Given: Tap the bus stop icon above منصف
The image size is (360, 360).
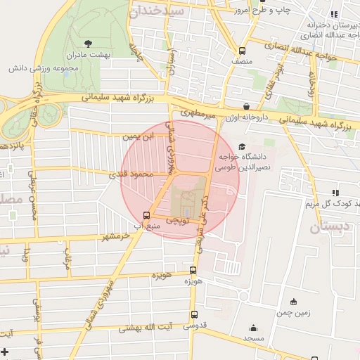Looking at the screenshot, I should [242, 51].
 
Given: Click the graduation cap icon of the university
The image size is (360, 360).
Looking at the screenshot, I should [243, 147].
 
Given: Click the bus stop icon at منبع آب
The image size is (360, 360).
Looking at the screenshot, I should [146, 215].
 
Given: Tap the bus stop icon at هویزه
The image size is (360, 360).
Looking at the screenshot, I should [193, 271].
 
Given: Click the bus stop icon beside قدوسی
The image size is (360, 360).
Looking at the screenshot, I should [194, 314].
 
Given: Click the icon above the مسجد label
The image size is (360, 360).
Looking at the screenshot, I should [253, 327].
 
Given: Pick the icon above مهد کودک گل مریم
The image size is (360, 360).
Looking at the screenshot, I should [335, 192].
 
